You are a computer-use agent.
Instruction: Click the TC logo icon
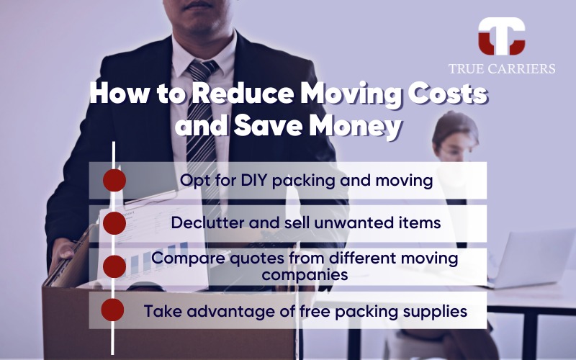tap(501, 36)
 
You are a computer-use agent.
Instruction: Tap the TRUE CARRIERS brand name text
tap(502, 68)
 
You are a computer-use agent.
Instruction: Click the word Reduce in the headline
tap(243, 94)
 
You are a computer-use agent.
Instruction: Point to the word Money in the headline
tap(354, 125)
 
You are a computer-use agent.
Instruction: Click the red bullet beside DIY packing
tap(114, 181)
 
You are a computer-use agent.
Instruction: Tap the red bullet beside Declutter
tap(114, 223)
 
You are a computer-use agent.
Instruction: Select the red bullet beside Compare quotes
tap(114, 266)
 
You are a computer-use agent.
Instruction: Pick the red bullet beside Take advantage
tap(113, 310)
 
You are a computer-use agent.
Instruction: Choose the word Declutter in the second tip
tap(207, 222)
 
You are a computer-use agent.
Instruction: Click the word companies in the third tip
tap(305, 274)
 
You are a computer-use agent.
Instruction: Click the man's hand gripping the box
tap(61, 253)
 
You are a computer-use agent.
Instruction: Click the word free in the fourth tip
tap(315, 311)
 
